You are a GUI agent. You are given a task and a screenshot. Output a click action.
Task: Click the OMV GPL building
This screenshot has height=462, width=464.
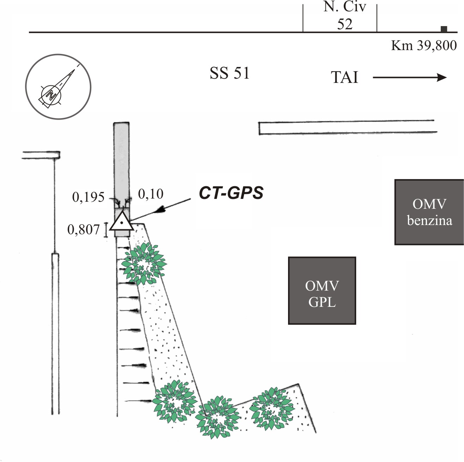click(322, 291)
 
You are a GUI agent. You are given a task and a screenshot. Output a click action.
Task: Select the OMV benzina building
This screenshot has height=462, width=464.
click(429, 212)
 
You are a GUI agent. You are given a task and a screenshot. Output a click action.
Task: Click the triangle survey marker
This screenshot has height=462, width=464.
click(122, 221)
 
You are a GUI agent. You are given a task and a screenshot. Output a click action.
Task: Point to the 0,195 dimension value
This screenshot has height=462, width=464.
click(88, 197)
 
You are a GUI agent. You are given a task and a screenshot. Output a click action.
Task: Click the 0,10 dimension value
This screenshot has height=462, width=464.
click(151, 194)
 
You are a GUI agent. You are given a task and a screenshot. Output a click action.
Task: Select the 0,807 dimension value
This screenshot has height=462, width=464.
click(83, 230)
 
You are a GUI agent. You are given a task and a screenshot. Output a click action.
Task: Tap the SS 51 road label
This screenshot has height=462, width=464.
click(230, 73)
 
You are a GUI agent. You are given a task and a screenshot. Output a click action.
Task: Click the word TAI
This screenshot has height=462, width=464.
click(344, 77)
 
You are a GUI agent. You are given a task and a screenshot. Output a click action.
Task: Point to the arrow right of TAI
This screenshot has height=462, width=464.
click(410, 77)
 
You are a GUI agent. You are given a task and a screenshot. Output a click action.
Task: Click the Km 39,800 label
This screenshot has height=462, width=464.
click(424, 45)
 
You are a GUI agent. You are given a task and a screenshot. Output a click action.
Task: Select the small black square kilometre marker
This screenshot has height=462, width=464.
click(444, 29)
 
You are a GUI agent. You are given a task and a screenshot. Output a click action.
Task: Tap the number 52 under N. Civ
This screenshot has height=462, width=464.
click(345, 24)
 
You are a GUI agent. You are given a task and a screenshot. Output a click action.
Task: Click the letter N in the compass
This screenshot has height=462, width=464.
click(51, 95)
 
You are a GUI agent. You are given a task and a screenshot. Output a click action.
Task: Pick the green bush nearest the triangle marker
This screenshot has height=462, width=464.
click(144, 263)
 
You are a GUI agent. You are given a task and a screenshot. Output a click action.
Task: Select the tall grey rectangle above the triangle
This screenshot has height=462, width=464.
click(121, 166)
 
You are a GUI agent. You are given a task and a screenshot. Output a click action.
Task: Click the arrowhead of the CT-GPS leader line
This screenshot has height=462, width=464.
click(161, 209)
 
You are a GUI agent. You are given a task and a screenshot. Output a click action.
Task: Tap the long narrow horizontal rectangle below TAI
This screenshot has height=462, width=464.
click(348, 127)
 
